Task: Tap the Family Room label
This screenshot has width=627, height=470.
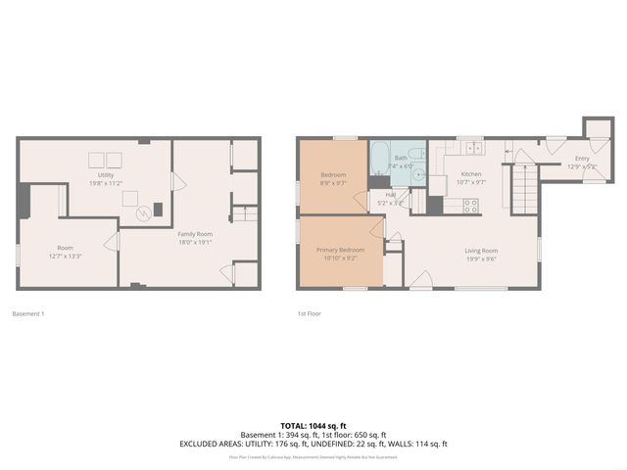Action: coord(195,234)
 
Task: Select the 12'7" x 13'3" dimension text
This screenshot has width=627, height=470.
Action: coord(65,257)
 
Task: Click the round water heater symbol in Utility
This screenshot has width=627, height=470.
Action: coord(131,198)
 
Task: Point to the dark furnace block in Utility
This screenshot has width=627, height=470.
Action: coord(157,210)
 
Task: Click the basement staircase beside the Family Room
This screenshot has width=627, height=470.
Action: coord(245,214)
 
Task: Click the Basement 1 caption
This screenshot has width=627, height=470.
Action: coord(28,313)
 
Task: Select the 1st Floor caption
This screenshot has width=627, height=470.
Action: coord(309,313)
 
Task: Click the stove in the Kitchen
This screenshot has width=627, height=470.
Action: coord(470,207)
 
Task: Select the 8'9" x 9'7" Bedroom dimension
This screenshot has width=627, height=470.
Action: coord(333,183)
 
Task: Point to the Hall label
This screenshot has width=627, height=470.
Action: coord(390,195)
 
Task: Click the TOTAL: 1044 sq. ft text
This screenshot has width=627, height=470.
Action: coord(313,425)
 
